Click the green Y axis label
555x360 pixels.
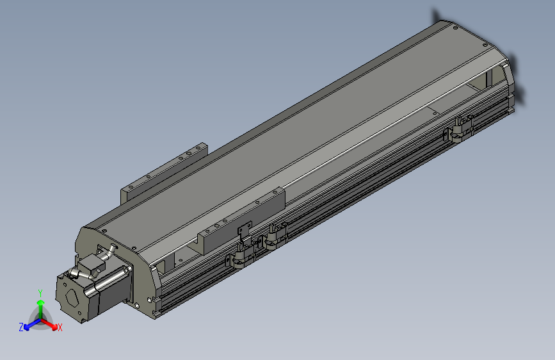pos(40,292)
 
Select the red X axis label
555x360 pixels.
pos(60,327)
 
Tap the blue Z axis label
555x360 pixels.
pos(21,327)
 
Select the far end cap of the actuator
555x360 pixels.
pos(510,83)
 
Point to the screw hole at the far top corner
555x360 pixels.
pos(454,28)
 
